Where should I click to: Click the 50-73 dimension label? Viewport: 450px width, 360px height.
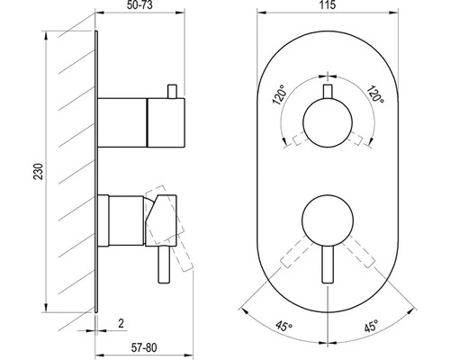click(x=139, y=5)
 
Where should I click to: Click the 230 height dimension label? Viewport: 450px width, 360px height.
click(x=39, y=172)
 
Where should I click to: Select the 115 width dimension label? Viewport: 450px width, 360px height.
click(x=328, y=5)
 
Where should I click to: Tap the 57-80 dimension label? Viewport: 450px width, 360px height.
click(x=144, y=347)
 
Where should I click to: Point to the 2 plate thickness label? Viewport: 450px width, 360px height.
click(x=121, y=323)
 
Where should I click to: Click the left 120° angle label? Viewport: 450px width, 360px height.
click(x=279, y=94)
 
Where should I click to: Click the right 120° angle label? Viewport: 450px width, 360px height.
click(x=375, y=94)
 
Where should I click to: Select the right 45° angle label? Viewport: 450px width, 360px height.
click(x=371, y=327)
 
